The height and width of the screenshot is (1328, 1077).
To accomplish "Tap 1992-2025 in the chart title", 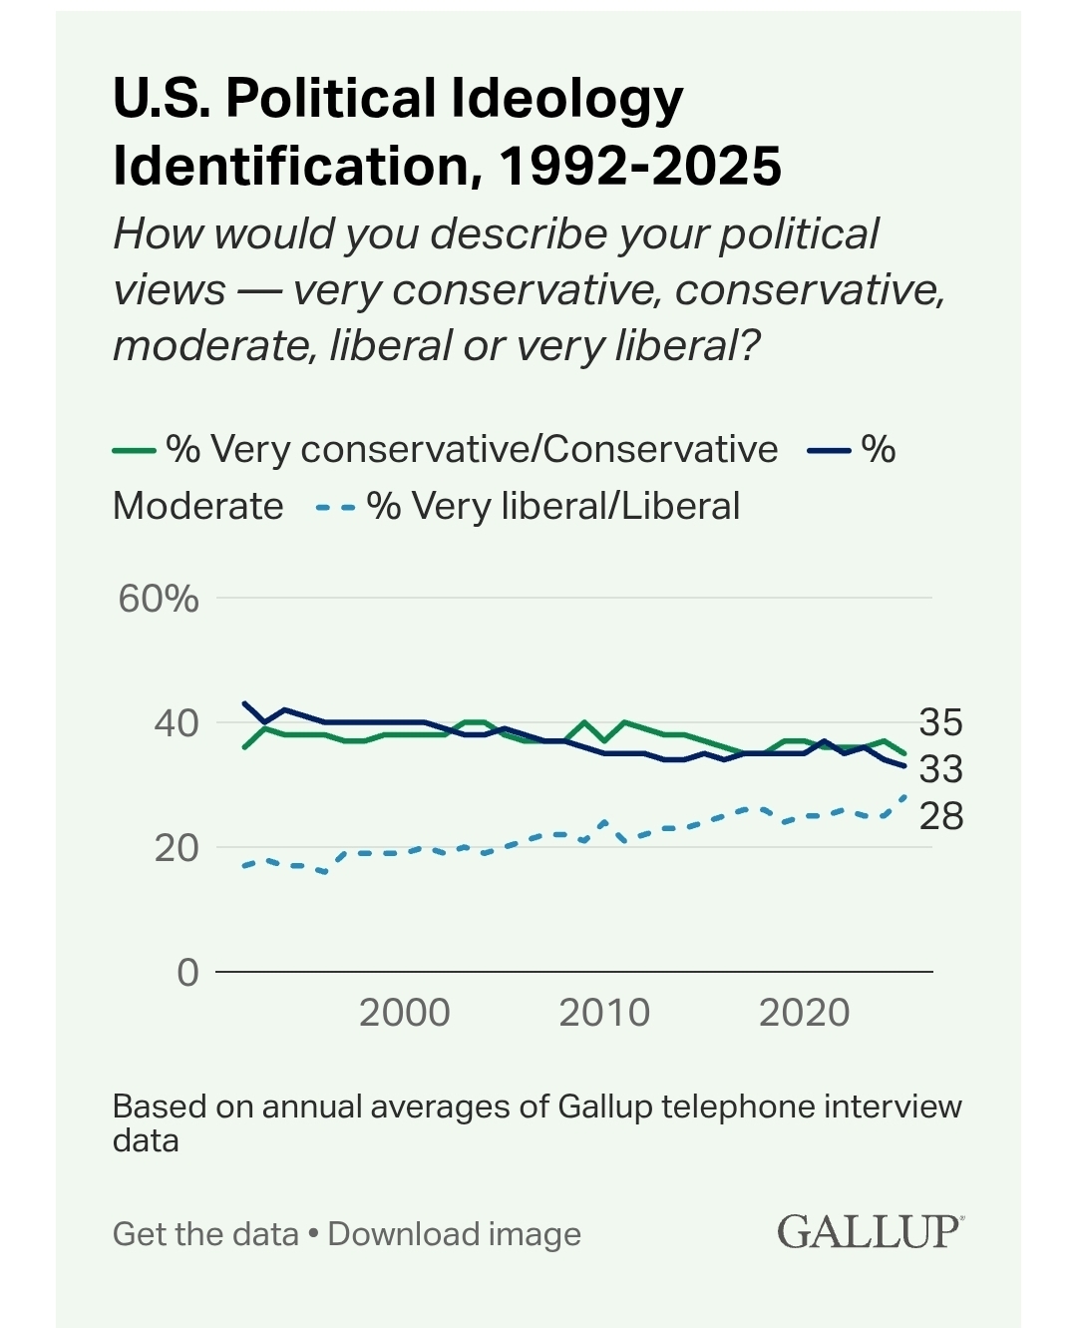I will (x=640, y=166).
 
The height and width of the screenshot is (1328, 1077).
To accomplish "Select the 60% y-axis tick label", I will (x=159, y=599).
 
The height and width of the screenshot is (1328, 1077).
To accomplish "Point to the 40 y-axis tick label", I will (x=177, y=722).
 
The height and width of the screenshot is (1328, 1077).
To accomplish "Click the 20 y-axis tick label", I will (x=177, y=847).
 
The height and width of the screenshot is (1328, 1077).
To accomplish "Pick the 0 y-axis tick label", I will (x=187, y=972).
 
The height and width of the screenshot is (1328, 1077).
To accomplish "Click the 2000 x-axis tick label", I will (x=404, y=1013).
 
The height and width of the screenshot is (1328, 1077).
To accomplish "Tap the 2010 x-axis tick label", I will (x=604, y=1013).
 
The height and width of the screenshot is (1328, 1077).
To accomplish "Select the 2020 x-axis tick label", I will (x=804, y=1013).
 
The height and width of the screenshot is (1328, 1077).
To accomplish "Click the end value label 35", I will (x=940, y=721).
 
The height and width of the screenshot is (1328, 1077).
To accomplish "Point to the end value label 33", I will (x=940, y=768).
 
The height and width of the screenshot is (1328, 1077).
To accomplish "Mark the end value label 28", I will (x=940, y=815).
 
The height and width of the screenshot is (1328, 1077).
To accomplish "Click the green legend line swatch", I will (x=134, y=451).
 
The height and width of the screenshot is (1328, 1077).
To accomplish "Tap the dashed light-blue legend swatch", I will (x=335, y=508).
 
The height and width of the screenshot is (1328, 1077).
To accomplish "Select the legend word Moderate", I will (x=198, y=507).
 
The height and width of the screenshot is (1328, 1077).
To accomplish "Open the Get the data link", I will (x=205, y=1234).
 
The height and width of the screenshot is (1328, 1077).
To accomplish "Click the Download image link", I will (x=454, y=1234).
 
